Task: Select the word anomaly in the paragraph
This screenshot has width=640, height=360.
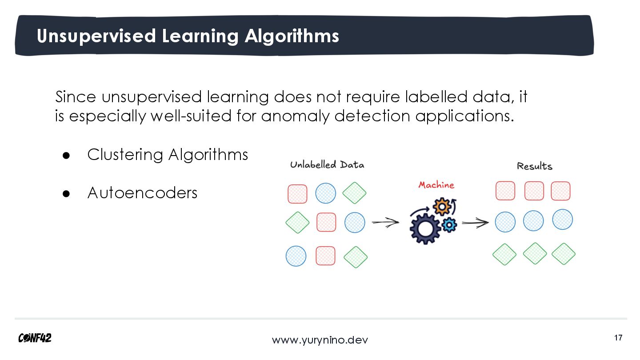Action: pos(295,116)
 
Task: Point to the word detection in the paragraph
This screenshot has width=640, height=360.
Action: pos(372,116)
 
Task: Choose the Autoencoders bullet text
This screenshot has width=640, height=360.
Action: pos(142,193)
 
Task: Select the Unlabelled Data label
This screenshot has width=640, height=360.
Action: pos(327,165)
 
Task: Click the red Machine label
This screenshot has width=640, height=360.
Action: pos(436,185)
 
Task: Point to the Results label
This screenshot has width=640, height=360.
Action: pos(534,166)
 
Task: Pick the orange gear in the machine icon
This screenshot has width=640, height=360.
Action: pos(442,207)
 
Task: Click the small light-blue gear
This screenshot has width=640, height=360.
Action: pos(449,225)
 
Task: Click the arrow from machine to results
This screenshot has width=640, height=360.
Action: pos(475,223)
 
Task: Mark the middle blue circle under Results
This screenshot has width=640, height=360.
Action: pos(533,220)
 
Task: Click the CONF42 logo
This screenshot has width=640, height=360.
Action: pos(35,338)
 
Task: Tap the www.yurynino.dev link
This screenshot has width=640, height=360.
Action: pos(320,340)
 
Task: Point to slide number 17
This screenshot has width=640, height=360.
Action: pos(618,338)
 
